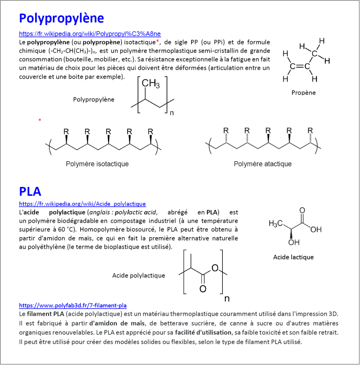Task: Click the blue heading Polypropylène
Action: (x=61, y=18)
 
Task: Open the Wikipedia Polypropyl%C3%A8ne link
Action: (x=90, y=34)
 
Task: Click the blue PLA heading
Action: (x=30, y=191)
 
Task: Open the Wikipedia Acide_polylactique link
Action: (x=82, y=204)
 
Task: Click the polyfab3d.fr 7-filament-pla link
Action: (x=73, y=305)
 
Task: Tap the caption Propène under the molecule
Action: (x=303, y=93)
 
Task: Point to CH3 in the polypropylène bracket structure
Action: (x=151, y=84)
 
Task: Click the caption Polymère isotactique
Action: (x=97, y=164)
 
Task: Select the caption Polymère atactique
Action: (x=262, y=164)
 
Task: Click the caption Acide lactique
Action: (x=293, y=257)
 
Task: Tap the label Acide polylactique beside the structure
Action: (x=139, y=276)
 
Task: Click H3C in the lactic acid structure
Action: (x=275, y=223)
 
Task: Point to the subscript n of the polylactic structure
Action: (x=227, y=299)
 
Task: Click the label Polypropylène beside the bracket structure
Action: (x=94, y=99)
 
